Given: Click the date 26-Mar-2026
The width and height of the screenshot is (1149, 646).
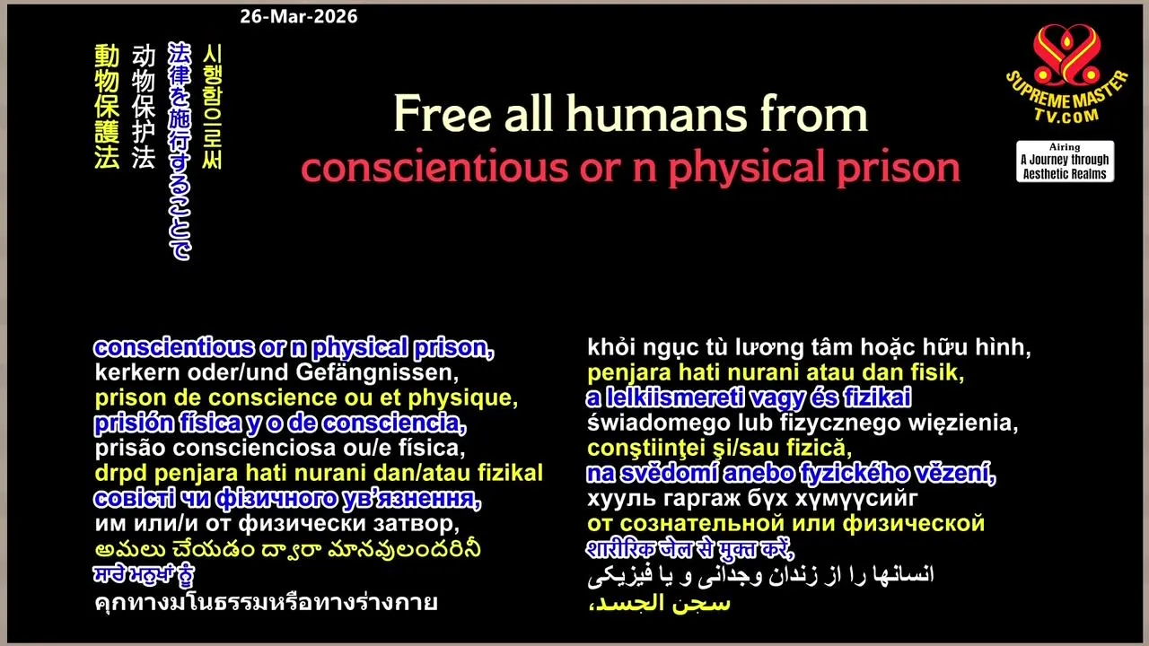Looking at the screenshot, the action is click(299, 16).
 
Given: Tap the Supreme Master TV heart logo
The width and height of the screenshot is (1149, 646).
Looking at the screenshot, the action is click(1067, 56).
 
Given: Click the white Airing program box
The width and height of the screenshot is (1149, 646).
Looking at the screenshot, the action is click(1065, 161).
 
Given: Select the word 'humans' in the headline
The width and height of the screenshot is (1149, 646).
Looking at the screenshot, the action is click(656, 114).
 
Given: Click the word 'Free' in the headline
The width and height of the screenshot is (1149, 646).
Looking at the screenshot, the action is click(443, 114).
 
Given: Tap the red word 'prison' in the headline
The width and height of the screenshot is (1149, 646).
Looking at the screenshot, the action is click(899, 168).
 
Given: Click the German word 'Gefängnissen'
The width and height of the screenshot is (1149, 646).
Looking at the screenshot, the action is click(377, 372).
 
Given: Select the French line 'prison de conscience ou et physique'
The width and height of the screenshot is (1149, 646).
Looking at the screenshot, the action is click(306, 398).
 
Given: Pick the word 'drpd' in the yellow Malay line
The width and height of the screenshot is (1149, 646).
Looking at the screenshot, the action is click(121, 473).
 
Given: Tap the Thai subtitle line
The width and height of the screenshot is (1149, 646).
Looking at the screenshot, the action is click(267, 602).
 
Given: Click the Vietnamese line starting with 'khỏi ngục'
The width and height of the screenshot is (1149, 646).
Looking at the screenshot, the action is click(809, 347).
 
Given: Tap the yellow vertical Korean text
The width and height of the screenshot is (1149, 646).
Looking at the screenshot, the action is click(213, 107).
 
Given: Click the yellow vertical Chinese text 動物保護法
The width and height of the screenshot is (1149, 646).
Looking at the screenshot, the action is click(107, 107).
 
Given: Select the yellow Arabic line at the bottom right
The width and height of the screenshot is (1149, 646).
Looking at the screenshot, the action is click(659, 603).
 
